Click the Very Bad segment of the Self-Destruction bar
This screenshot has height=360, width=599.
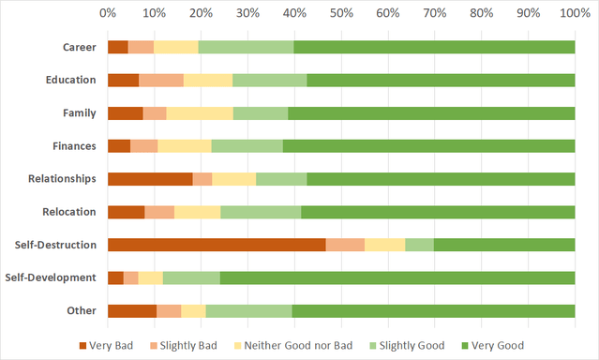pyautogui.click(x=217, y=245)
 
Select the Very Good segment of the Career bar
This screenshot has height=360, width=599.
pyautogui.click(x=434, y=47)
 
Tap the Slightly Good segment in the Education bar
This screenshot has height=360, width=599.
pyautogui.click(x=269, y=80)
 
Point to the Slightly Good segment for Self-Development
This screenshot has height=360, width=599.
pyautogui.click(x=191, y=277)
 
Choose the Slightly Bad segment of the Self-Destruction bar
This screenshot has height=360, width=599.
pyautogui.click(x=345, y=245)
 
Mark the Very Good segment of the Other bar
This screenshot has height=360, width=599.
pyautogui.click(x=433, y=310)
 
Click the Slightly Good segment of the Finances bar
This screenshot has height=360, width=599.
pyautogui.click(x=247, y=145)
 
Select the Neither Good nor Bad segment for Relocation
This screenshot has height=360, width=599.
pyautogui.click(x=197, y=212)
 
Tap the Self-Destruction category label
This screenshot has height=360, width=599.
pyautogui.click(x=56, y=245)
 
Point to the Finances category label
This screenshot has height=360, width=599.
pyautogui.click(x=74, y=145)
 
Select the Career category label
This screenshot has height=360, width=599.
pyautogui.click(x=79, y=47)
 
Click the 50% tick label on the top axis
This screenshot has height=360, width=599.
pyautogui.click(x=341, y=13)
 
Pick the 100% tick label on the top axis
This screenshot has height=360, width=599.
pyautogui.click(x=573, y=13)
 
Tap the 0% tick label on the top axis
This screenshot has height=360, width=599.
pyautogui.click(x=108, y=13)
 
